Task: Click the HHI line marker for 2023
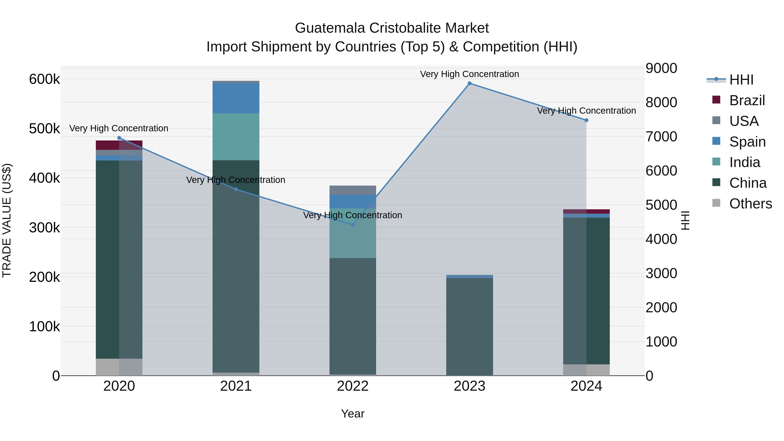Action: (x=469, y=83)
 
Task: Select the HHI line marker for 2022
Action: (x=353, y=225)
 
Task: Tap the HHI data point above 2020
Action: (x=119, y=138)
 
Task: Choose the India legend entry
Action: (x=744, y=162)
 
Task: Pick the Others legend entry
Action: (x=750, y=204)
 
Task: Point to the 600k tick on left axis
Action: (x=44, y=79)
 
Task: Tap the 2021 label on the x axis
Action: (x=236, y=386)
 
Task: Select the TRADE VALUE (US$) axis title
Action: (x=7, y=220)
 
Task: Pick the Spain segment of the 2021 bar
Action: (x=236, y=98)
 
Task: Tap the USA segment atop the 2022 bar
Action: (x=353, y=190)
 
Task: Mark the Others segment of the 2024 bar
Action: (x=586, y=370)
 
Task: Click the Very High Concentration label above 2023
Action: (x=469, y=74)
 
